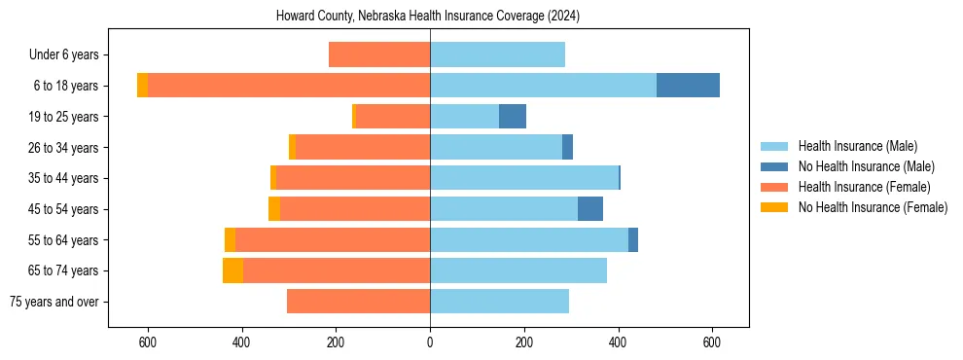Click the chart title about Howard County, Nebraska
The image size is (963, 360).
428,16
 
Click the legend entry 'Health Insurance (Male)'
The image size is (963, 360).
857,146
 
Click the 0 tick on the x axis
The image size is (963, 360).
430,342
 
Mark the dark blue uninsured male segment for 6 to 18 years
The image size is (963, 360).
688,86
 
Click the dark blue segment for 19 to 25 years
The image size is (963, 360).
513,117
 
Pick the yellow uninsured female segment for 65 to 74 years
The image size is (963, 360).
232,270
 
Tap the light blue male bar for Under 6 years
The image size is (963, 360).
497,54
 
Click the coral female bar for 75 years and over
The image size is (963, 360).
358,302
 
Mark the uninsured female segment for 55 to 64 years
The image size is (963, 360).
230,240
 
